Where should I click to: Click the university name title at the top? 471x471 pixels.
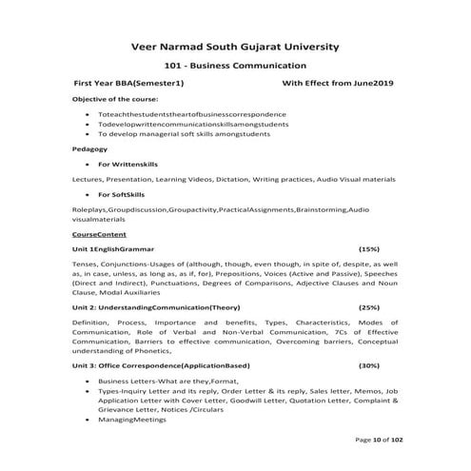(x=234, y=46)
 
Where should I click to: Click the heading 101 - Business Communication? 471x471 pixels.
(x=234, y=66)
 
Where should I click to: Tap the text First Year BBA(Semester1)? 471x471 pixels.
(x=128, y=85)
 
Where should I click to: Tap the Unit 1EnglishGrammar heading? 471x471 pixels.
(x=117, y=247)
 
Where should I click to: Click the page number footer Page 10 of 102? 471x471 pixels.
(x=379, y=440)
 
